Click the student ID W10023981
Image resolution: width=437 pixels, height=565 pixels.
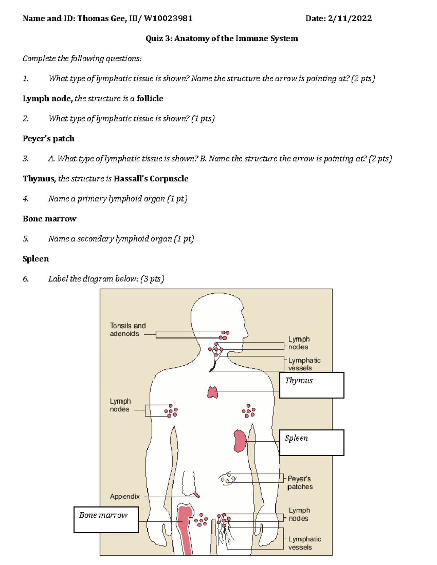point(168,19)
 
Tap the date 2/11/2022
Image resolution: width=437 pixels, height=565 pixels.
point(350,19)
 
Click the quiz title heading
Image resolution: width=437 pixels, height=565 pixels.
point(222,39)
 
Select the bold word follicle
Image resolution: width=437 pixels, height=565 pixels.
point(150,99)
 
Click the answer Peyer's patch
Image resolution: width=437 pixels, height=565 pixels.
point(48,139)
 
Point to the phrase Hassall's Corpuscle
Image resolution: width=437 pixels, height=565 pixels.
point(151,179)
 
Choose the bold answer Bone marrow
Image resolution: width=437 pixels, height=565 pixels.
point(50,219)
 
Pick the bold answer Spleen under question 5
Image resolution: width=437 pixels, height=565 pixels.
point(36,259)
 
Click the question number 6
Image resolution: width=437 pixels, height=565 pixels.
point(25,279)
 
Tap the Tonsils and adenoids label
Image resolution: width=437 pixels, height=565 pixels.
point(127,330)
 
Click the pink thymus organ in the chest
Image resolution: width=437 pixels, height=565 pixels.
point(213,392)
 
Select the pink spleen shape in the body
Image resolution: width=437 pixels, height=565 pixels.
point(240,441)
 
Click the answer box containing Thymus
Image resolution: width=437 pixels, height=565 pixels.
point(311,385)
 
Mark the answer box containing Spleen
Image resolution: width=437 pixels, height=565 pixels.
point(311,442)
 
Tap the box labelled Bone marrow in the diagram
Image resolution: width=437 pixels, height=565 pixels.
point(106,520)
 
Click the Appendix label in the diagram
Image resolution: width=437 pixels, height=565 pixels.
point(125,496)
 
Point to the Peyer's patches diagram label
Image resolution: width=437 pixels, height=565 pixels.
point(300,483)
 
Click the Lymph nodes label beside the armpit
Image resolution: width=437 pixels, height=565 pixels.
point(120,405)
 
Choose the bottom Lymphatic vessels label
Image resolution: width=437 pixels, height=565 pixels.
point(304,543)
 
